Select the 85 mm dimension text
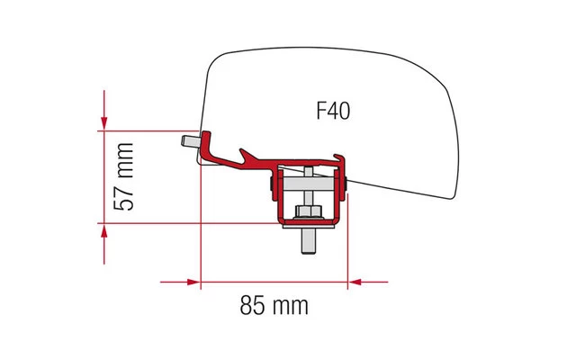coord(274,305)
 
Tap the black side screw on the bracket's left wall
coord(271,187)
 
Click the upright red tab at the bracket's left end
coord(206,141)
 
